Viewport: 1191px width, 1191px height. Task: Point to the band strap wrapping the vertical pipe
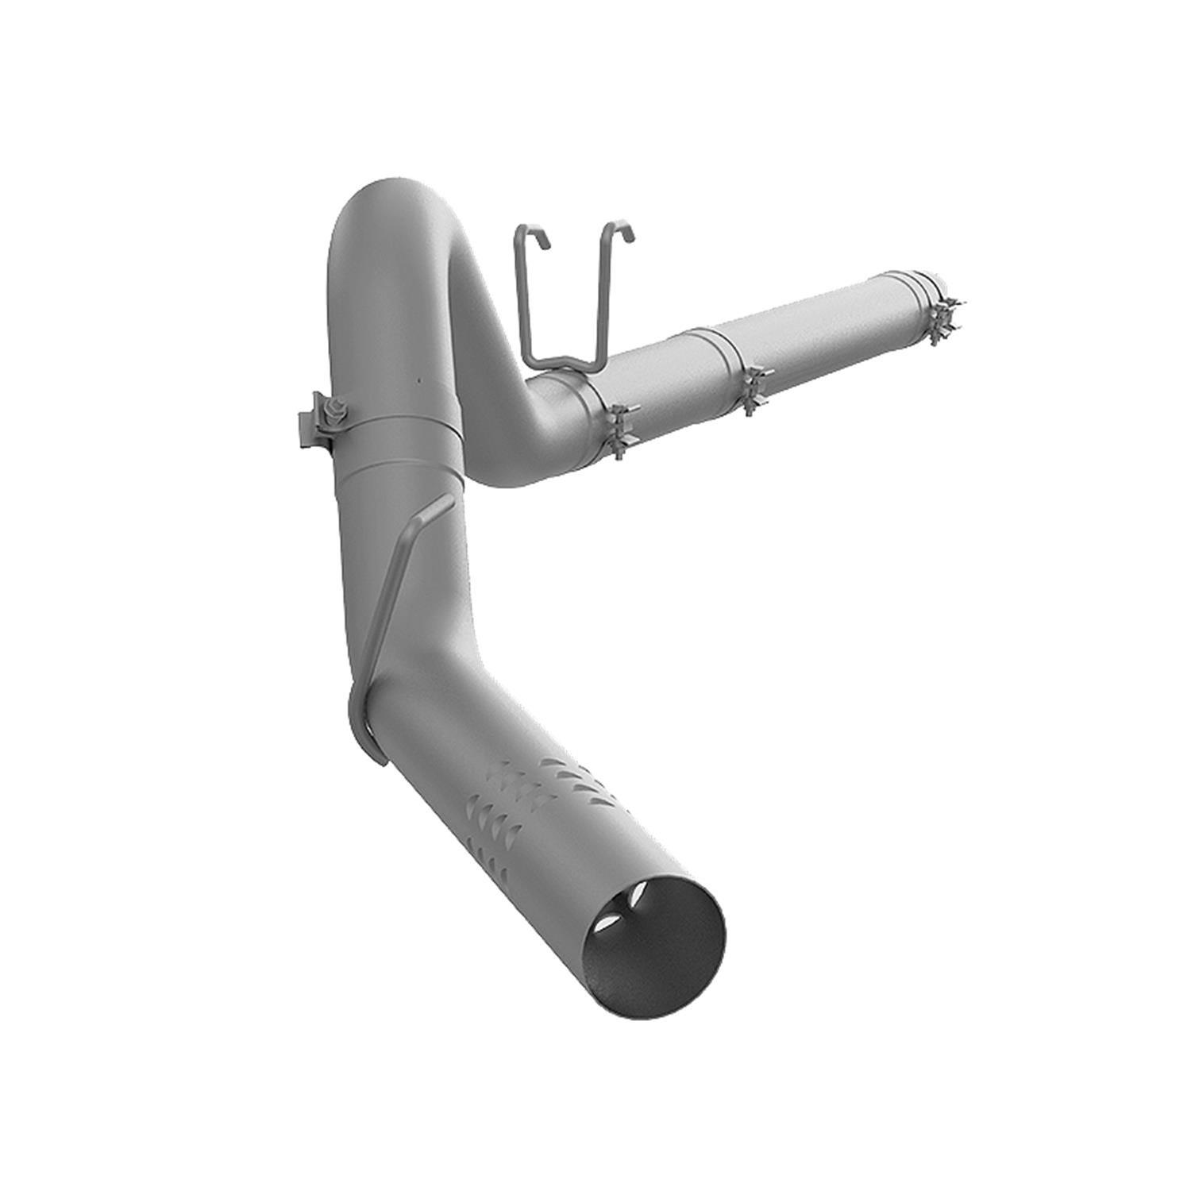(x=397, y=429)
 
